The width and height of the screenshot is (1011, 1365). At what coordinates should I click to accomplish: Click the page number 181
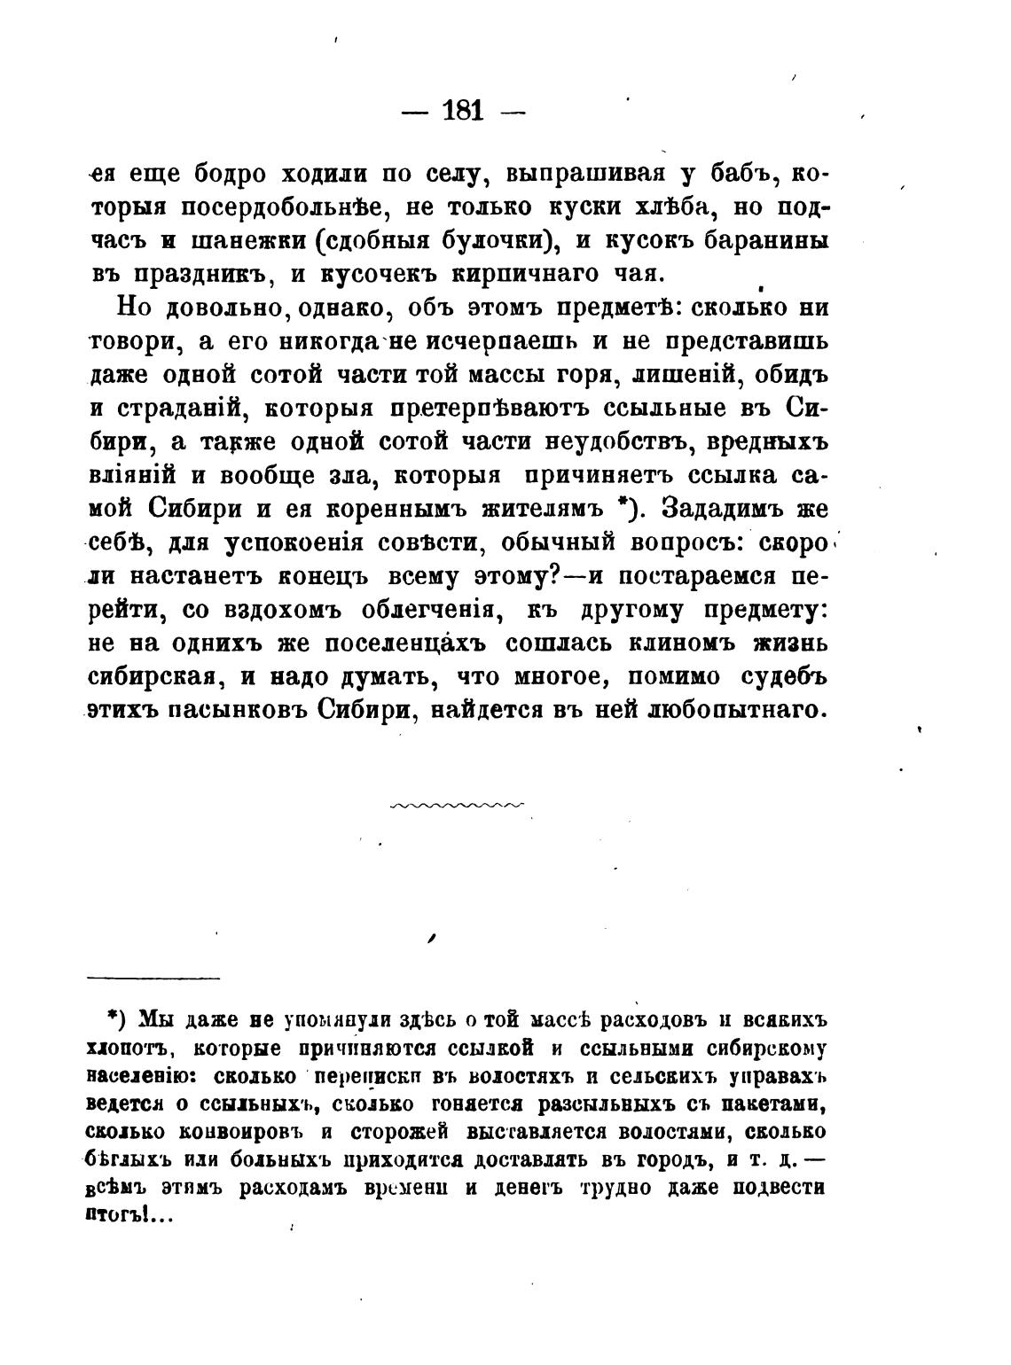[462, 111]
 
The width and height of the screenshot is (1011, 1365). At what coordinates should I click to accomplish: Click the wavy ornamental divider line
[457, 805]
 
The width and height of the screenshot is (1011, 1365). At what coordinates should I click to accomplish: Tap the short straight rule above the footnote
[153, 978]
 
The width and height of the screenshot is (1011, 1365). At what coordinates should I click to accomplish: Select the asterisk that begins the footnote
[113, 1015]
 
